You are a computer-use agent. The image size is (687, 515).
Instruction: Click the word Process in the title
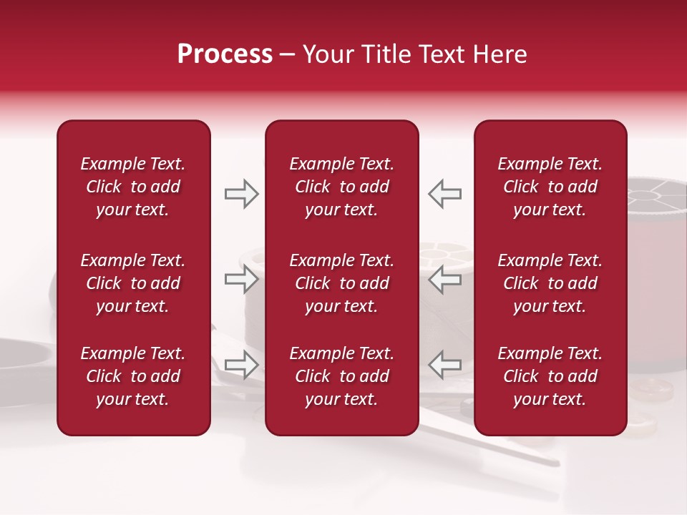[x=225, y=54]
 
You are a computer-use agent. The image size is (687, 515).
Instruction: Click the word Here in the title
[x=498, y=54]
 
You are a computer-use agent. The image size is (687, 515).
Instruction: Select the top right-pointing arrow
[x=241, y=194]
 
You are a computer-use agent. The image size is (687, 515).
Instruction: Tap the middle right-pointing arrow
[x=241, y=279]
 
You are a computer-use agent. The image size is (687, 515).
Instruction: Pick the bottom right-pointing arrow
[x=241, y=364]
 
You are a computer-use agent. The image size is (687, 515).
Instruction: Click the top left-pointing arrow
[x=444, y=194]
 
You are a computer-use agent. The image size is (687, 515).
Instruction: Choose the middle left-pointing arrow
[x=444, y=279]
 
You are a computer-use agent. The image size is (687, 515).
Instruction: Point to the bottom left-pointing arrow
[x=444, y=364]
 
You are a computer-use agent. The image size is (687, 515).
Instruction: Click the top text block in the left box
[x=133, y=187]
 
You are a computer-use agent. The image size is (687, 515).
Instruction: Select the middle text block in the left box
[x=133, y=283]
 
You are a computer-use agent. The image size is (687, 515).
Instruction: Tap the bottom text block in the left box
[x=133, y=376]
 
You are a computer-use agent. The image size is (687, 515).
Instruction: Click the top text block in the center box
[x=341, y=187]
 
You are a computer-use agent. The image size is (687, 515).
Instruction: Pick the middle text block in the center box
[x=341, y=283]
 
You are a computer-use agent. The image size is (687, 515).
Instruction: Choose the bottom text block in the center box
[x=341, y=376]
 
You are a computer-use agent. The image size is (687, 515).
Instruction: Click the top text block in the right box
[x=550, y=187]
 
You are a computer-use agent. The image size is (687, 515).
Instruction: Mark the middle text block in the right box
[x=550, y=283]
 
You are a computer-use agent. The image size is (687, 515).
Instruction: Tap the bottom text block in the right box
[x=550, y=376]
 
